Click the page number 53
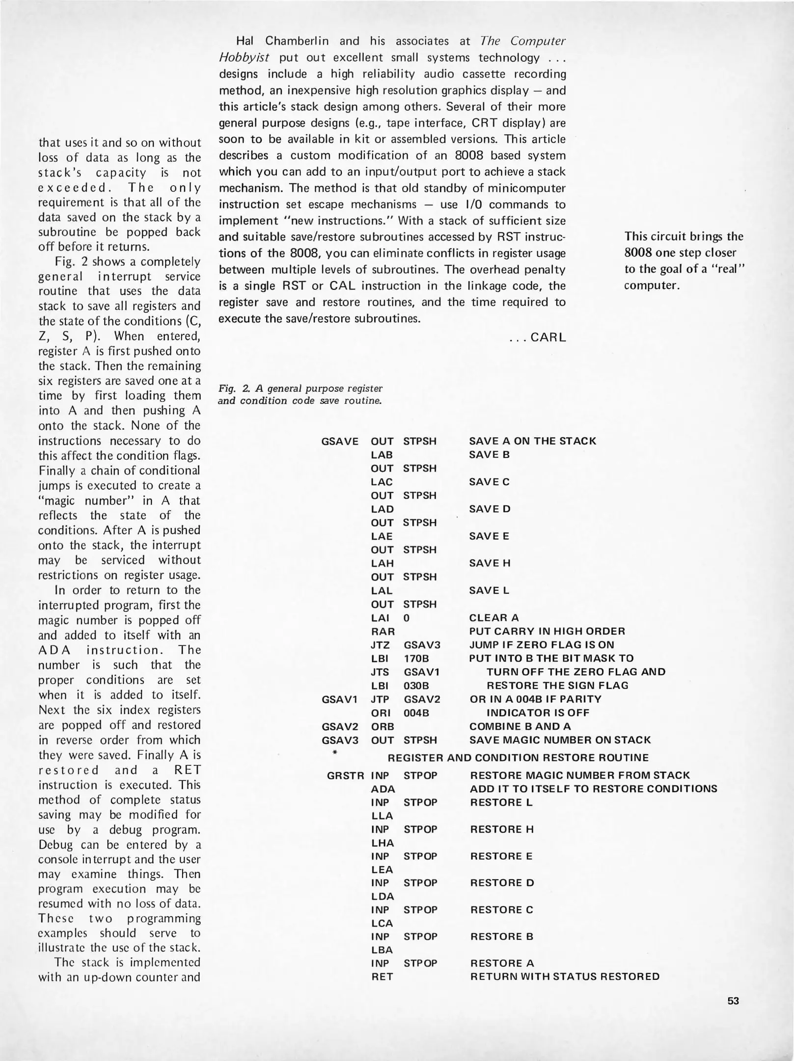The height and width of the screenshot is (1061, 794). [733, 1001]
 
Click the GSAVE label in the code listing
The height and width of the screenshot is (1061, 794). [340, 441]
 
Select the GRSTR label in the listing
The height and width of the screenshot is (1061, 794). [346, 776]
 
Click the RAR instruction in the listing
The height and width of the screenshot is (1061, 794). [383, 631]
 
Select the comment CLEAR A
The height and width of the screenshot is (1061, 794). [494, 618]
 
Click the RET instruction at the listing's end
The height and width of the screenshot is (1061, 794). [382, 977]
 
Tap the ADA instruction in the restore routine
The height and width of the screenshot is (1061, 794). [383, 789]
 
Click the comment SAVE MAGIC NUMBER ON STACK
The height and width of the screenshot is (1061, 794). [560, 740]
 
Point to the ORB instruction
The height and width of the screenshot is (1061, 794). [383, 726]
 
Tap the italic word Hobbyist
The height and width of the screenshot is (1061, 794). [244, 57]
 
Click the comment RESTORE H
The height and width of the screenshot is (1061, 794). [502, 830]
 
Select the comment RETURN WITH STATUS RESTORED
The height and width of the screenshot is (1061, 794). [565, 977]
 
